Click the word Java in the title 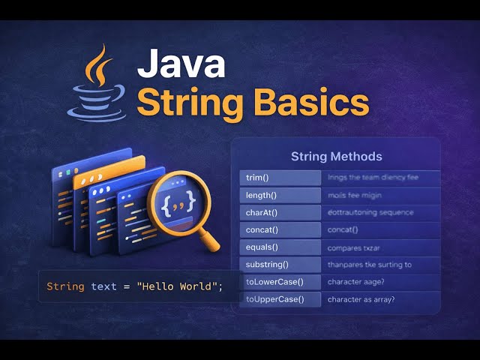click(x=181, y=64)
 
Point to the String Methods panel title click(x=336, y=157)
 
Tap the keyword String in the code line click(x=65, y=286)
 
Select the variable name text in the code click(x=103, y=286)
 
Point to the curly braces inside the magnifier click(x=180, y=200)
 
